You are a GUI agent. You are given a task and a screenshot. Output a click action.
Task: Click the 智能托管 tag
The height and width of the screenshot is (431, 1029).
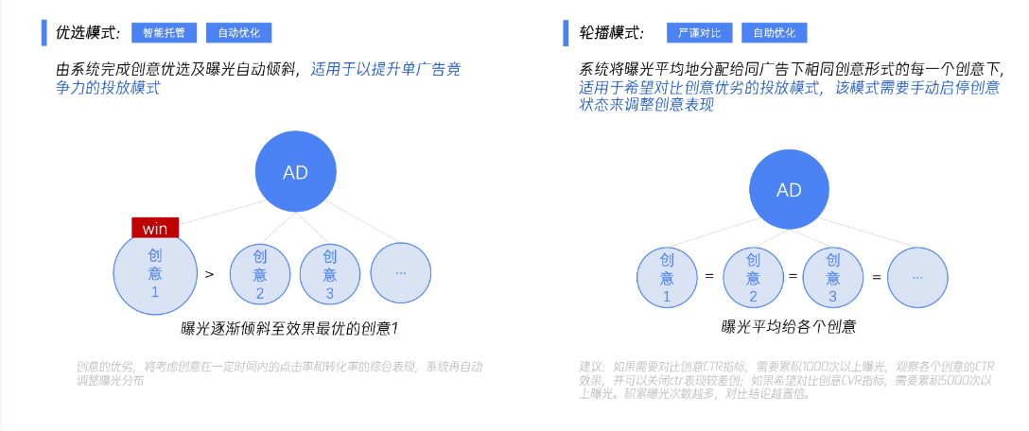tap(164, 32)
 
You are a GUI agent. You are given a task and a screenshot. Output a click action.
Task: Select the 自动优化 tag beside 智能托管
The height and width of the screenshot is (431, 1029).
tap(238, 32)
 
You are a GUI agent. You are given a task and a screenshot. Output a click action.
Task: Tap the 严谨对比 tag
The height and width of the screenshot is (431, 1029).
tap(700, 32)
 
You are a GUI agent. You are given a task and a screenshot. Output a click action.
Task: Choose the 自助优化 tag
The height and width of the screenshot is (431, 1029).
tap(774, 32)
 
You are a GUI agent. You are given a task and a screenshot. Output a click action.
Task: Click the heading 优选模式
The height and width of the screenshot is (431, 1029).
tap(89, 32)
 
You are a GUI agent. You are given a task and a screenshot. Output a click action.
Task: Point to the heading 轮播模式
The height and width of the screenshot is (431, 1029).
tap(612, 32)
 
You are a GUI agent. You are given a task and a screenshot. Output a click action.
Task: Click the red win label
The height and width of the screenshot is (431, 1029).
tap(155, 229)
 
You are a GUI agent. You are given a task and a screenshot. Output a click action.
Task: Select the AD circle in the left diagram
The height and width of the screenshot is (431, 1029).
tap(295, 172)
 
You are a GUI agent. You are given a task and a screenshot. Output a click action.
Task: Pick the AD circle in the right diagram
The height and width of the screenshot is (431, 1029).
tap(789, 190)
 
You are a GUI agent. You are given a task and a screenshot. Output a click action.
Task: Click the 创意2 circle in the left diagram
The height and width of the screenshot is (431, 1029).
tap(260, 274)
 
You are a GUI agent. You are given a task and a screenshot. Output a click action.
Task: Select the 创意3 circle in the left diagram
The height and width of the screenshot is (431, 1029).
tap(330, 274)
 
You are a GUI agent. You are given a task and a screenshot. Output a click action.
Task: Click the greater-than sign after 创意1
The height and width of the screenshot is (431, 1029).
tap(209, 274)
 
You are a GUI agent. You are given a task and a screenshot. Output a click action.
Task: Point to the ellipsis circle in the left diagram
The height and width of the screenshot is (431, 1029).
tap(401, 272)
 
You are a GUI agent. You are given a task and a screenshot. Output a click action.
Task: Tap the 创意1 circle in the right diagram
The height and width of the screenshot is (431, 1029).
tap(666, 277)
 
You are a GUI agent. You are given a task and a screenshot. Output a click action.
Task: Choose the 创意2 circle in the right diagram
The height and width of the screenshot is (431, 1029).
tap(753, 277)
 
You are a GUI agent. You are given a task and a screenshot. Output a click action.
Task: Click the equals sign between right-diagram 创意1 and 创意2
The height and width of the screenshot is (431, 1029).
tap(709, 277)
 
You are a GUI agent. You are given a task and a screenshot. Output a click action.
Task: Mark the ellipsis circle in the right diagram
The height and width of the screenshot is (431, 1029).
tap(917, 277)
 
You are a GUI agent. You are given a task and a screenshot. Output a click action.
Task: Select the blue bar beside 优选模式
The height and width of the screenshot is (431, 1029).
tap(44, 31)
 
